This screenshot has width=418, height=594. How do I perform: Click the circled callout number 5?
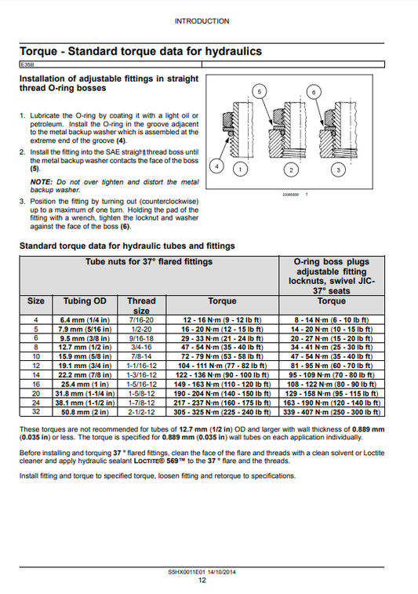pyautogui.click(x=260, y=91)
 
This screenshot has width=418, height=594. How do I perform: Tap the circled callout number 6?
pyautogui.click(x=314, y=92)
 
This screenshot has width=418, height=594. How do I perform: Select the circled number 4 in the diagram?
pyautogui.click(x=216, y=166)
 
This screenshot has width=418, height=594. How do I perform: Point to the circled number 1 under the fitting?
pyautogui.click(x=240, y=169)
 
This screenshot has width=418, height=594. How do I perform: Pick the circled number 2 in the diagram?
pyautogui.click(x=291, y=169)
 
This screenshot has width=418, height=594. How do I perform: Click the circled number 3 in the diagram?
pyautogui.click(x=338, y=169)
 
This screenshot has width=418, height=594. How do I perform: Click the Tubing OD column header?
pyautogui.click(x=85, y=301)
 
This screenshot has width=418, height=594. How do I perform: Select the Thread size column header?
pyautogui.click(x=141, y=306)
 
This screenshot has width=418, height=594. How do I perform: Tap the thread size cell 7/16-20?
pyautogui.click(x=142, y=319)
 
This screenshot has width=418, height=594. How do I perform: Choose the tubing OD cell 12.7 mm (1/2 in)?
pyautogui.click(x=85, y=348)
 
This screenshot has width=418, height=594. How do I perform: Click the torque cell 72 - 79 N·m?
pyautogui.click(x=222, y=356)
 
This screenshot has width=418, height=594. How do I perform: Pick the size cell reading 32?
pyautogui.click(x=36, y=412)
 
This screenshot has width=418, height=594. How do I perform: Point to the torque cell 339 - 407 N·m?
pyautogui.click(x=332, y=412)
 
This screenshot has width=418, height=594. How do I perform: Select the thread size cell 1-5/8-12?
pyautogui.click(x=142, y=394)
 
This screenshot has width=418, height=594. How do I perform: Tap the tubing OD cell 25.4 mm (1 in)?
pyautogui.click(x=85, y=384)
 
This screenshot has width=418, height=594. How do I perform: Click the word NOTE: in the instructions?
pyautogui.click(x=41, y=182)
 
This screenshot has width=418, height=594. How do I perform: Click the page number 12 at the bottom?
pyautogui.click(x=202, y=580)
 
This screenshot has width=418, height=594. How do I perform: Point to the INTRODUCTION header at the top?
pyautogui.click(x=202, y=21)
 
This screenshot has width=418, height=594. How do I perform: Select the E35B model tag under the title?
pyautogui.click(x=27, y=65)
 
